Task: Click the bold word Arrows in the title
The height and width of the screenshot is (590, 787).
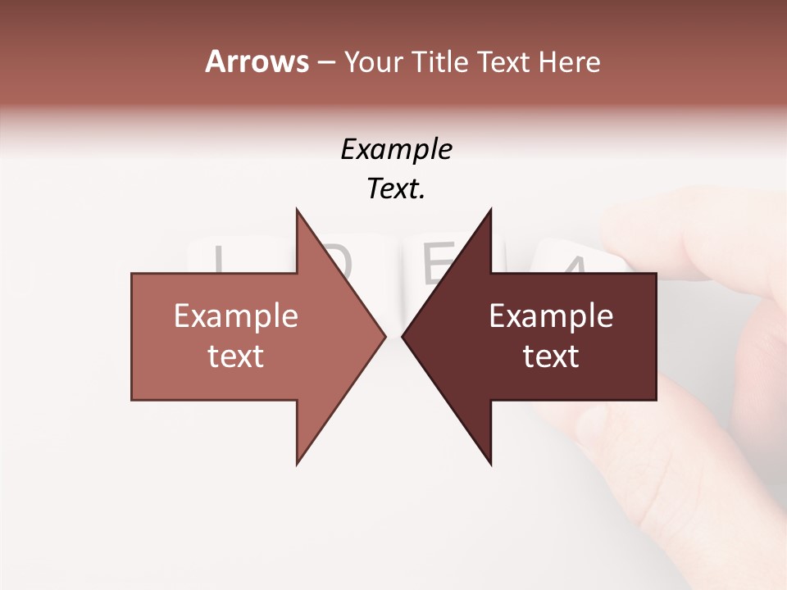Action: coord(257,61)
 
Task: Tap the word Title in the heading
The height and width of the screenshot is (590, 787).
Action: coord(440,61)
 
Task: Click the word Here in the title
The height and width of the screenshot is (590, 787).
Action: coord(569,61)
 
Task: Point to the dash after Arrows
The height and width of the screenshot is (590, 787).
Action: coord(325,62)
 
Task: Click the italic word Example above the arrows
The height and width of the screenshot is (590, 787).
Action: coord(397,149)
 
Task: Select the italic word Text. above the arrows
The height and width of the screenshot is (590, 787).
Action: coord(397,188)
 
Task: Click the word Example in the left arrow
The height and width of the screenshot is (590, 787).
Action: coord(236,316)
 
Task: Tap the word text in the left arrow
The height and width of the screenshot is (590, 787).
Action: coord(236,356)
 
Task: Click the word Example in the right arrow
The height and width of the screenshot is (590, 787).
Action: coord(551,316)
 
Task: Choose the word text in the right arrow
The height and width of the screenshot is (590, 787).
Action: coord(551,356)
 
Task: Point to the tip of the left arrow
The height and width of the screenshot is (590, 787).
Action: coord(384,336)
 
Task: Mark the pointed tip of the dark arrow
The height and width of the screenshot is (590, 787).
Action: coord(403,336)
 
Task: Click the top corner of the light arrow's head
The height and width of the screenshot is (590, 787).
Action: coord(298,210)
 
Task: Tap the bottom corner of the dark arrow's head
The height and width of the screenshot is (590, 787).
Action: coord(490,464)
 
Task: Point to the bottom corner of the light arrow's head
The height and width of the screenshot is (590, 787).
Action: coord(298,464)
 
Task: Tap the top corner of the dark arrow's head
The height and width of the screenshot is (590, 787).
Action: coord(490,210)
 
